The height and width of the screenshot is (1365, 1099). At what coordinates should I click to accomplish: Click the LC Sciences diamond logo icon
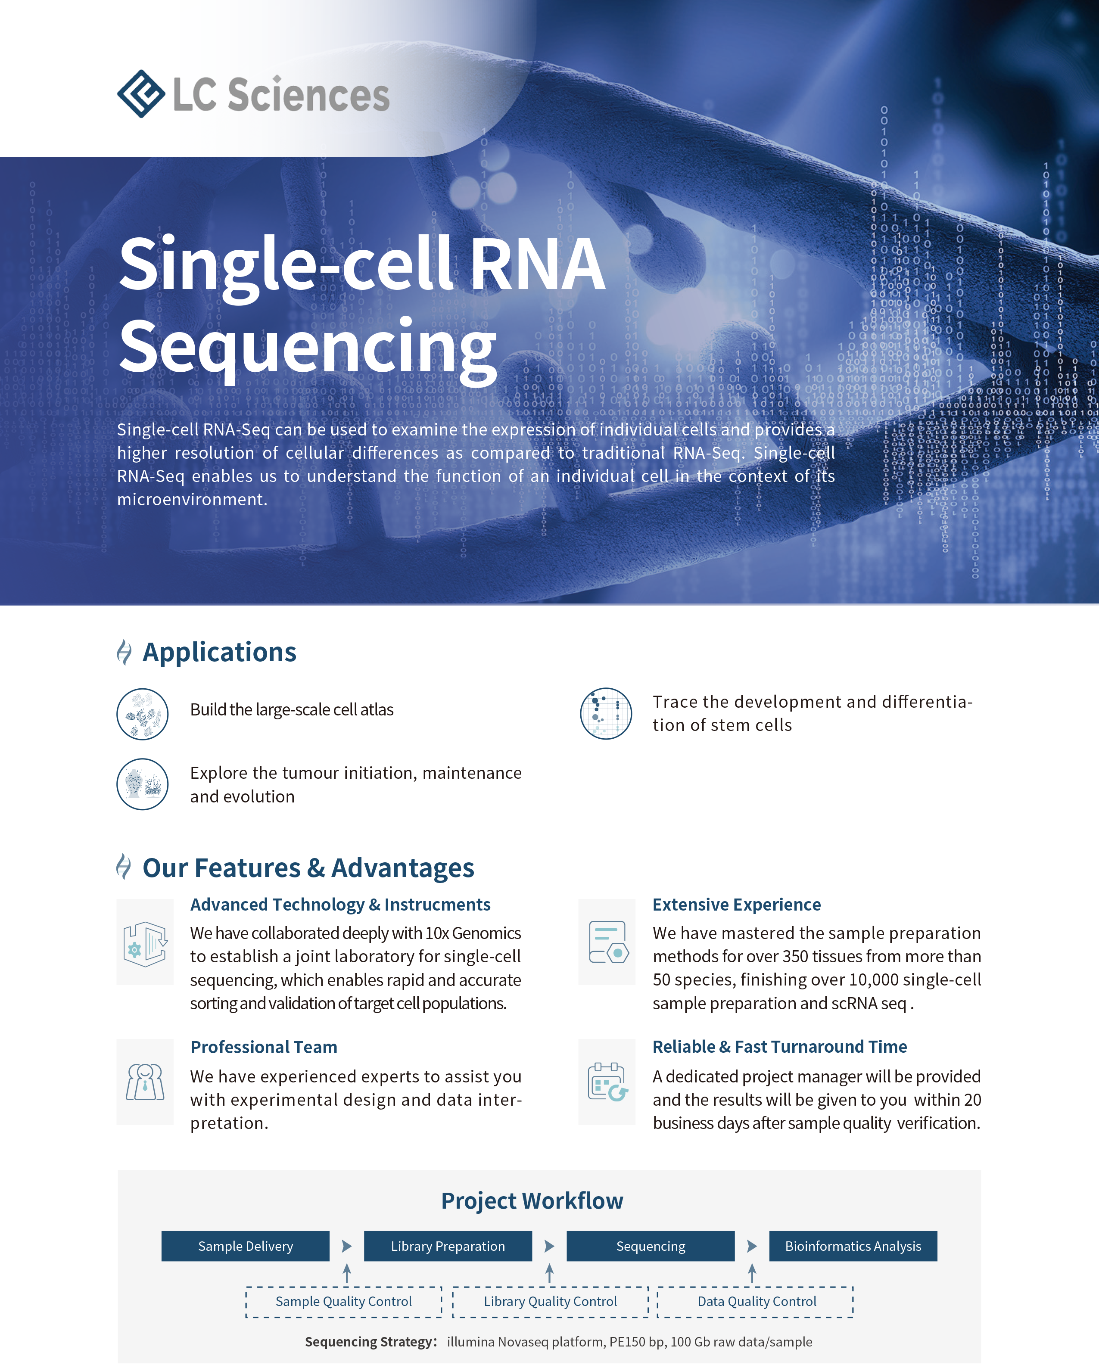point(140,94)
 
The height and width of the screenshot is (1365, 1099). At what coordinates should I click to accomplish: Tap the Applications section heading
point(219,652)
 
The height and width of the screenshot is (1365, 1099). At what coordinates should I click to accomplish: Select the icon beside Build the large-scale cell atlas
point(143,714)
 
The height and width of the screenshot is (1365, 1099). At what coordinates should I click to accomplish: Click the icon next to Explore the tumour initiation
point(143,784)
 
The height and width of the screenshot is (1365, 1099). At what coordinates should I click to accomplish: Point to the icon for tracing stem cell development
point(606,714)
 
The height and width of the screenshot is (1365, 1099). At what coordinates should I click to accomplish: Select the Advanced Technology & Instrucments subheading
point(340,905)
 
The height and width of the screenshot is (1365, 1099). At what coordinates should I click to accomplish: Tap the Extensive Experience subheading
point(736,905)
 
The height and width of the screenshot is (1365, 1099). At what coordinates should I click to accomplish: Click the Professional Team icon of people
point(145,1082)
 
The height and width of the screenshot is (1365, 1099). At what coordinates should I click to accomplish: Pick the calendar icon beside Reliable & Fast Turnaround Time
point(607,1082)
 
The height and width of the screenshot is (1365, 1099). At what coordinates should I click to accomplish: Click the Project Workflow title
point(532,1201)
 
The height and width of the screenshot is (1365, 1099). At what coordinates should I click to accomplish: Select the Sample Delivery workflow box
point(246,1247)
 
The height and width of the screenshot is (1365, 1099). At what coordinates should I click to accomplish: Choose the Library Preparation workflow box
point(448,1247)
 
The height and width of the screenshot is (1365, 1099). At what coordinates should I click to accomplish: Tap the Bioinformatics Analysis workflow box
point(853,1247)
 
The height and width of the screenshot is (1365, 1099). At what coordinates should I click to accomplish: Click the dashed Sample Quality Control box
point(344,1302)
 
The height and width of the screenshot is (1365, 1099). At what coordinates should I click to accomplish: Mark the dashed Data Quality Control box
point(756,1302)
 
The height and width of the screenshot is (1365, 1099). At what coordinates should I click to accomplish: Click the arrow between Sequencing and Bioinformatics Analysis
point(751,1247)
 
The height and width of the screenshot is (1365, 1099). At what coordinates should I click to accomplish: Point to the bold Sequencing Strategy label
point(371,1342)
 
